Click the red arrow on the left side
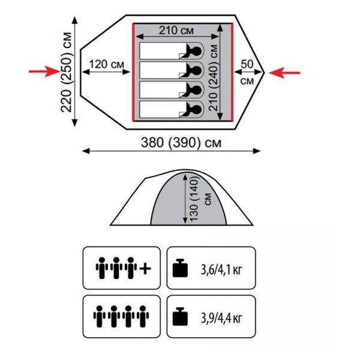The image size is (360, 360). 45,72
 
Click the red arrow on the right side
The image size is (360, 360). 284,72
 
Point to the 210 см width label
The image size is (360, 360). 176,30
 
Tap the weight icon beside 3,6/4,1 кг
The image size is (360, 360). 180,268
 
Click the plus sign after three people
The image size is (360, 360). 145,268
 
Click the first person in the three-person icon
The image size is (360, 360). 100,268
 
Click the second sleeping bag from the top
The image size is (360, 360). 162,70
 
